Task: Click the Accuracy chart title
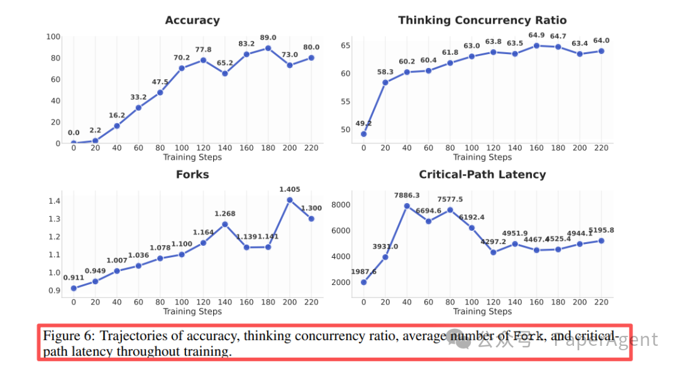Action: coord(192,21)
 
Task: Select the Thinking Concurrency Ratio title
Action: coord(482,21)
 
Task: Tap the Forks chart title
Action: coord(192,175)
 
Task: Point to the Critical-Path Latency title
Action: coord(482,175)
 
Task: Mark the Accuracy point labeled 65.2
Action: coord(224,73)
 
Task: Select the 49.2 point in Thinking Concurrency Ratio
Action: coord(363,134)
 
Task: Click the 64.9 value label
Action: coord(537,35)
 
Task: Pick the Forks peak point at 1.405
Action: coord(290,200)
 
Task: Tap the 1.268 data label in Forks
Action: coord(224,213)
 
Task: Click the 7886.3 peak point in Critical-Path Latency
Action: coord(407,206)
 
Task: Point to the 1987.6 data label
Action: coord(363,271)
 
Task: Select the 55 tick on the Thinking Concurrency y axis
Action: coord(346,101)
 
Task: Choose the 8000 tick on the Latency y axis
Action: coord(341,205)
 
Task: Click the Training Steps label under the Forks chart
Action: coord(192,311)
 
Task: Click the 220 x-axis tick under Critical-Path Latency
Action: coord(602,302)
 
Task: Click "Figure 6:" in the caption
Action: coord(69,336)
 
